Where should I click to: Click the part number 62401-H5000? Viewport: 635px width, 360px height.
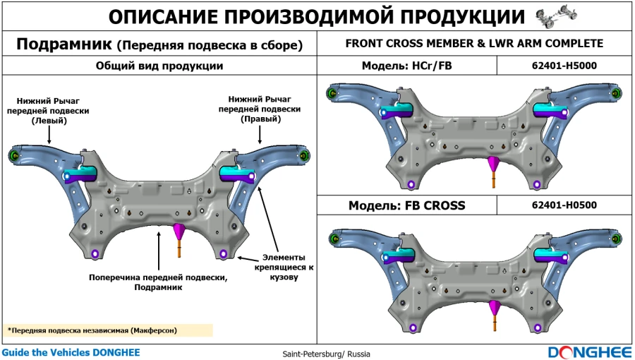click(564, 66)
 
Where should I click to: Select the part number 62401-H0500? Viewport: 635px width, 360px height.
click(564, 205)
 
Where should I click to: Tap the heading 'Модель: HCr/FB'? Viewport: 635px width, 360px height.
click(407, 66)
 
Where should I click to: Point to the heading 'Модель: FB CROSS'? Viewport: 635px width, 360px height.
click(407, 205)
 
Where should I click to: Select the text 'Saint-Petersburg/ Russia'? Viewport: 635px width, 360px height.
click(326, 354)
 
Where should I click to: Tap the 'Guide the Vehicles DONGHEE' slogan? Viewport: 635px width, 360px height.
click(71, 352)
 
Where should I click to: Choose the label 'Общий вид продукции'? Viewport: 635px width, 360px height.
click(159, 66)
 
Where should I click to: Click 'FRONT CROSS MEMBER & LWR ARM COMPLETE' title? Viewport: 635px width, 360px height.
click(474, 43)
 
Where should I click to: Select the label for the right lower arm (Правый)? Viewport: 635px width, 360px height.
click(260, 109)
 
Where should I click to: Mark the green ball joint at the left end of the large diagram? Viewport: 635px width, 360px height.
click(13, 155)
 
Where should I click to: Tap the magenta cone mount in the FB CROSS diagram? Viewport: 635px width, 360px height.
click(495, 306)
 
